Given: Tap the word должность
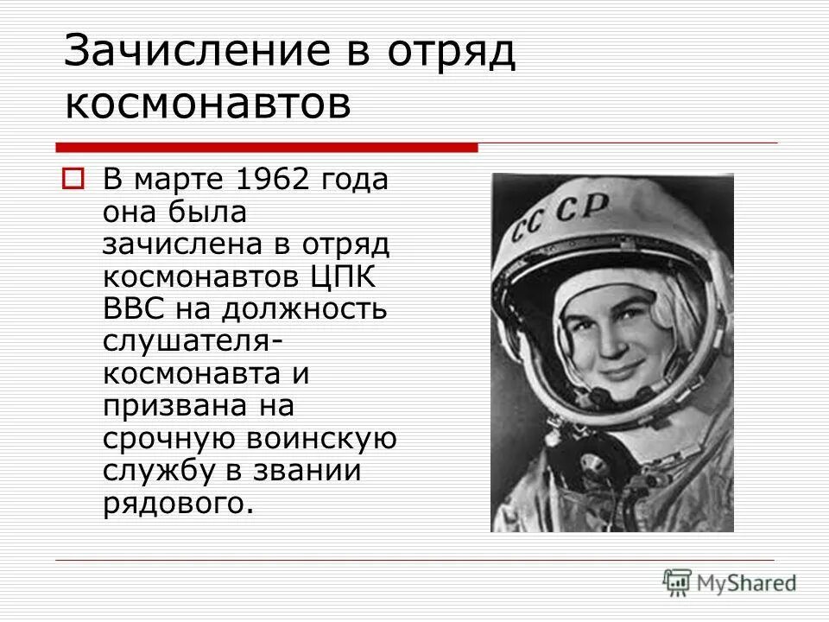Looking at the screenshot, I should pyautogui.click(x=307, y=309).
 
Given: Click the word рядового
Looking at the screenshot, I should pyautogui.click(x=178, y=503).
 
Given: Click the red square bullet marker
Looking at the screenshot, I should pyautogui.click(x=72, y=180).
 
